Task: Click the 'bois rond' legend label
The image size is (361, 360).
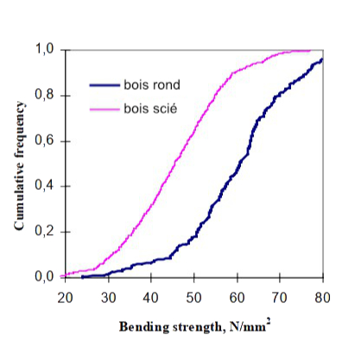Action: click(x=151, y=85)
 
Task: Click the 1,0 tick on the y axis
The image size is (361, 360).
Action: click(x=47, y=50)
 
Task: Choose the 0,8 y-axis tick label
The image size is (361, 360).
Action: click(x=47, y=95)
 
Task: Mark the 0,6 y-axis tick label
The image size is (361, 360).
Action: click(x=47, y=141)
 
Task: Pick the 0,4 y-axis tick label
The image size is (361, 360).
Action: click(x=47, y=186)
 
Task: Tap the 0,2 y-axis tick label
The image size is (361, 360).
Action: click(x=47, y=231)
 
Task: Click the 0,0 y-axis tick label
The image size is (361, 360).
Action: click(x=47, y=277)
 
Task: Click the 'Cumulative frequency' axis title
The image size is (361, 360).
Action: click(x=18, y=163)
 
